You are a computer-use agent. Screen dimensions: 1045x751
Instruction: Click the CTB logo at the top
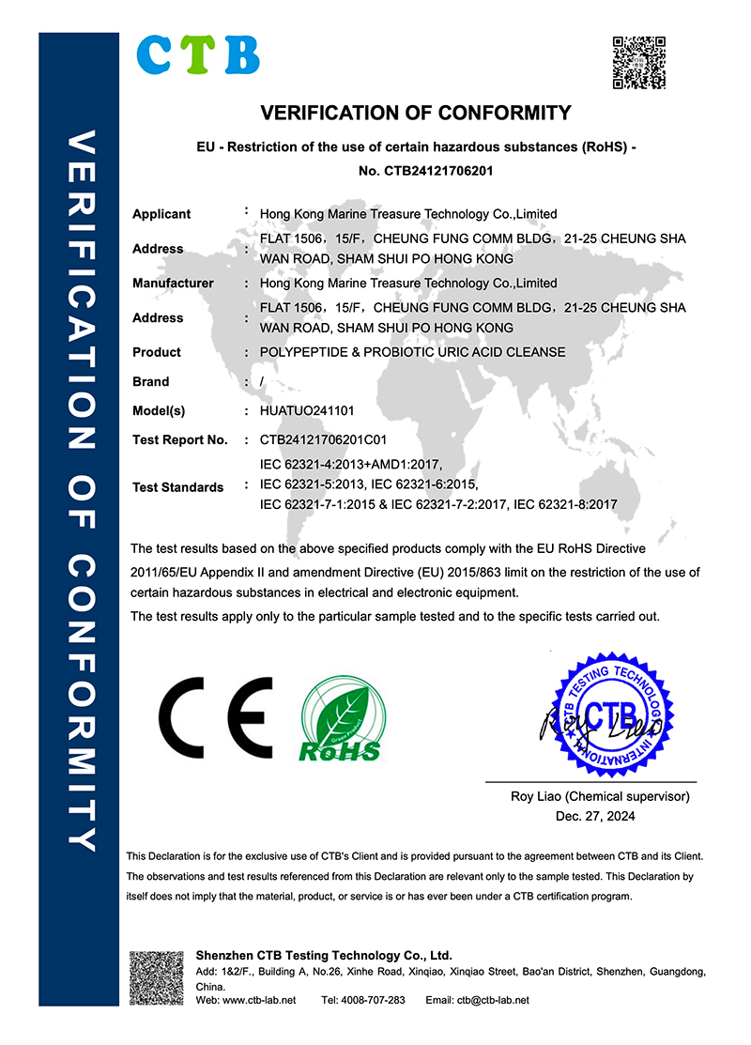[198, 54]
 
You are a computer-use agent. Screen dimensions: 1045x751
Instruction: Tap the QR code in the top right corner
[639, 63]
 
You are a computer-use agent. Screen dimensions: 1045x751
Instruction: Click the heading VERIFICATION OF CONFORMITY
[415, 114]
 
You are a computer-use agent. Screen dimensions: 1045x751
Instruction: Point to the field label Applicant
[161, 214]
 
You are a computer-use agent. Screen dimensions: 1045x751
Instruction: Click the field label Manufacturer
[173, 283]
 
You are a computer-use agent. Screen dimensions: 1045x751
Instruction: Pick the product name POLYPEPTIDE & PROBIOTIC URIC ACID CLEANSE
[412, 352]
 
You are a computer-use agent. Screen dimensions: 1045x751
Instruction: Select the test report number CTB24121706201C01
[323, 439]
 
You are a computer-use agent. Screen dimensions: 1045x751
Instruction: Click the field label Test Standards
[177, 487]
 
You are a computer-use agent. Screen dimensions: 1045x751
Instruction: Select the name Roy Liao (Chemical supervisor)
[600, 796]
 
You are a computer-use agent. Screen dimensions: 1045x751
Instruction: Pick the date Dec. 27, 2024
[595, 816]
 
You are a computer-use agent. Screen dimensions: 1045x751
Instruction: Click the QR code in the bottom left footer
[156, 977]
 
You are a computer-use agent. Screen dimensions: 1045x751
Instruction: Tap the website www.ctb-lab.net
[258, 1000]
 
